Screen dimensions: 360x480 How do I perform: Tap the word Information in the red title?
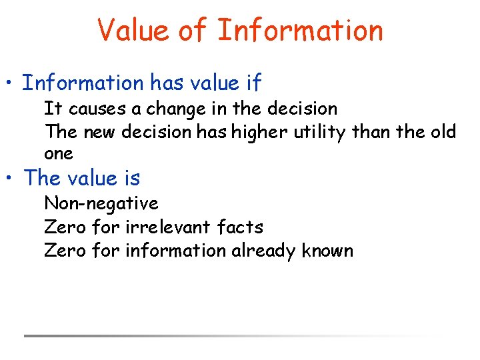point(300,31)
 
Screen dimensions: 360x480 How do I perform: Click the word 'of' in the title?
point(195,31)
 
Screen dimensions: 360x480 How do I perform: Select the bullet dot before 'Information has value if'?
point(11,84)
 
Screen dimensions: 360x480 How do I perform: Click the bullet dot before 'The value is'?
point(11,179)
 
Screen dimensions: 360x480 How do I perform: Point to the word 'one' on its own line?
point(59,154)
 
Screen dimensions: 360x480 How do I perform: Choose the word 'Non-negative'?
point(101,203)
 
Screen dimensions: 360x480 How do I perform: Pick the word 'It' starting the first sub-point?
point(51,108)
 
